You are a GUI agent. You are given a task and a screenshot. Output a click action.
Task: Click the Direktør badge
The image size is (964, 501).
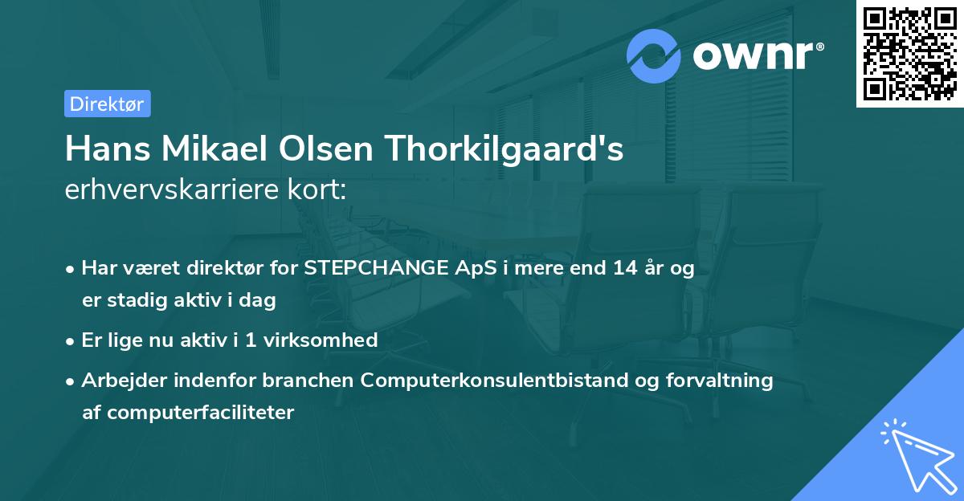tap(107, 104)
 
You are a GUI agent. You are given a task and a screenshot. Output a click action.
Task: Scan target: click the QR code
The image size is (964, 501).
tap(910, 53)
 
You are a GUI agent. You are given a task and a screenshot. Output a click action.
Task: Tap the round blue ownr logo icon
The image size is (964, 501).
tap(654, 55)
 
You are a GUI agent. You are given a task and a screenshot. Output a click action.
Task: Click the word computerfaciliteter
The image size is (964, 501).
tap(188, 413)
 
